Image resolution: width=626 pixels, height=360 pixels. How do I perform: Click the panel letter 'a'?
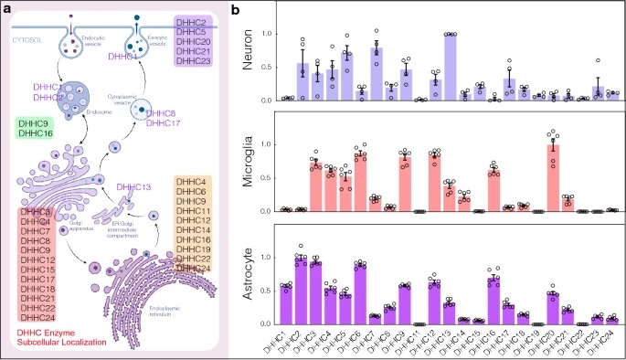point(6,8)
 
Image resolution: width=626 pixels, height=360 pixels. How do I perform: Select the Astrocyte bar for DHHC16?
point(493,301)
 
